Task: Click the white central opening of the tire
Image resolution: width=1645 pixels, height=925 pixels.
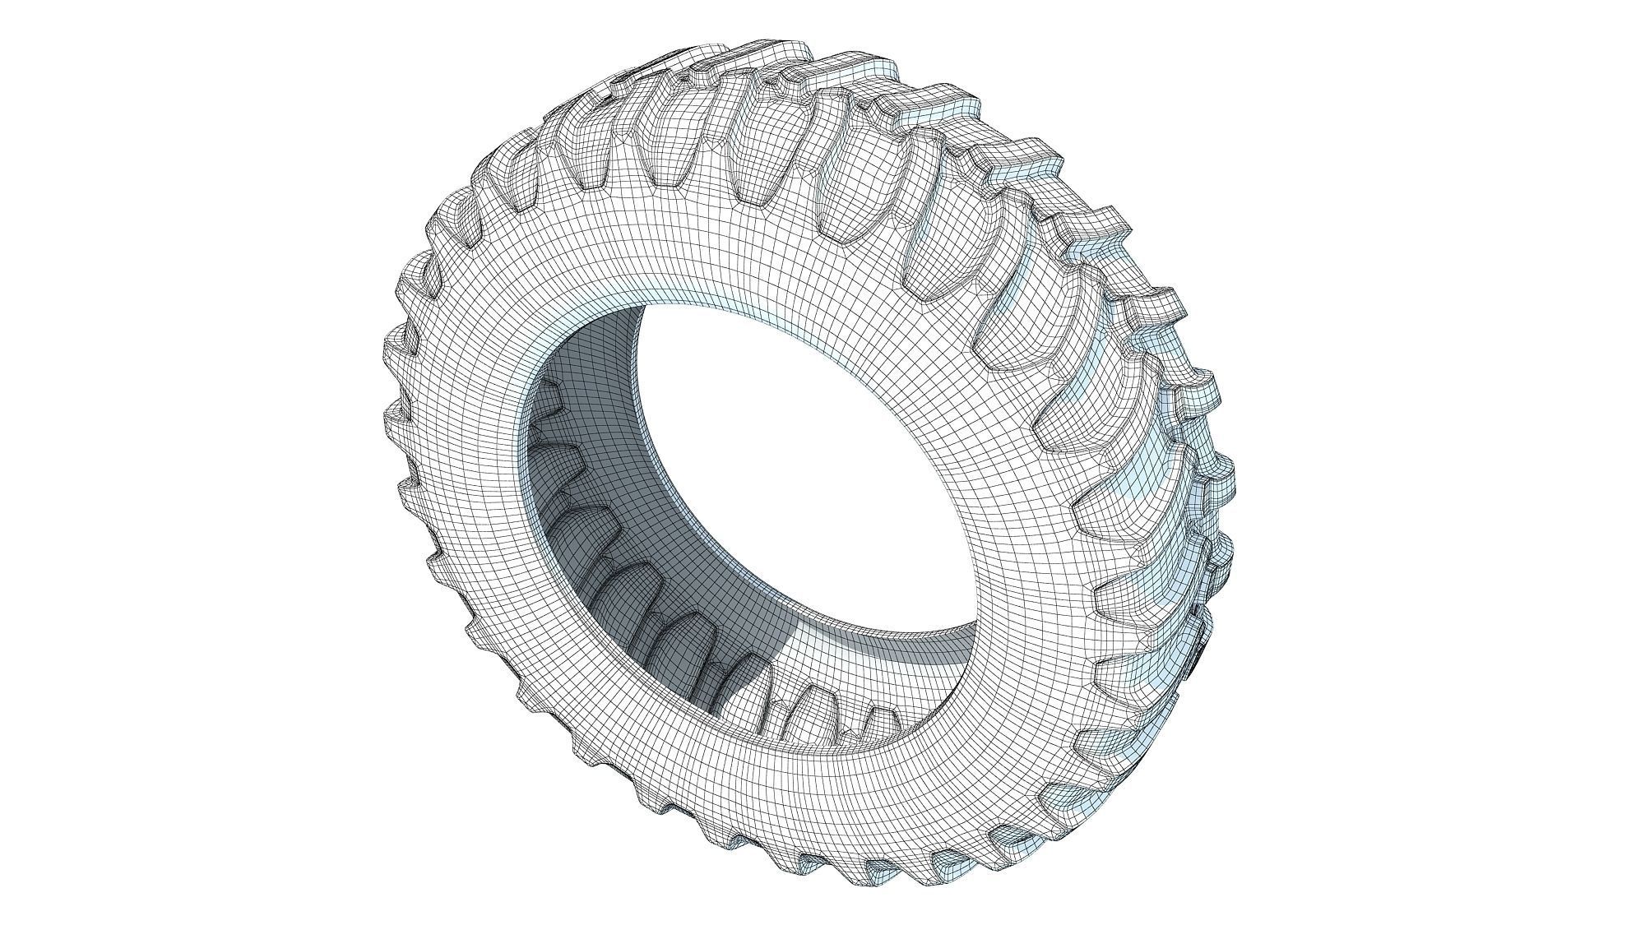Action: click(790, 460)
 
